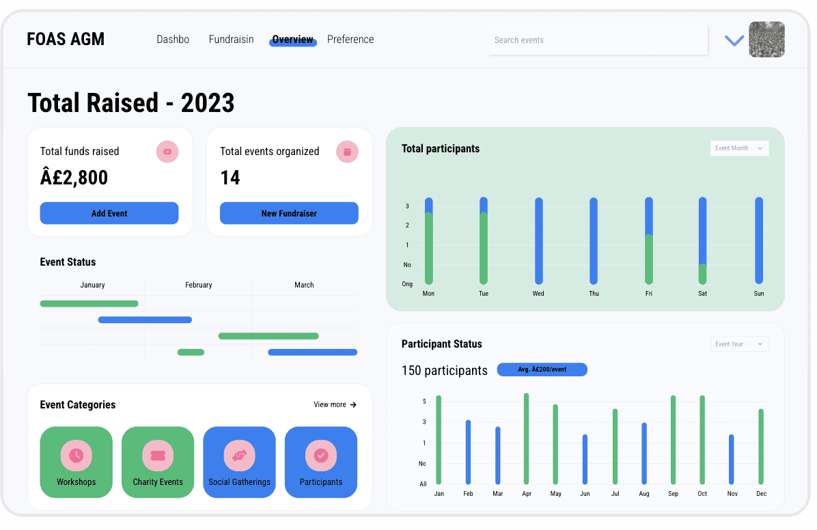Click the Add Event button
point(109,213)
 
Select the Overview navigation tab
point(293,40)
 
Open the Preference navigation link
point(350,40)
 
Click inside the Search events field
point(598,40)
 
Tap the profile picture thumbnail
point(766,40)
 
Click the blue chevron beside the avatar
point(734,41)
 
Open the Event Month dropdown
point(739,148)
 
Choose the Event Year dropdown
point(739,344)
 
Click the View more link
point(335,404)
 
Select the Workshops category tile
point(76,462)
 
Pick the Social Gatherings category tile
point(239,462)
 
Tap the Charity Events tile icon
point(158,456)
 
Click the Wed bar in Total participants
point(539,241)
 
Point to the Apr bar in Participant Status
point(526,438)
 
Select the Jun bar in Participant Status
point(585,459)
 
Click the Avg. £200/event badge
point(542,369)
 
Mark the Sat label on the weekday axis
point(702,294)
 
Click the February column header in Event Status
point(199,285)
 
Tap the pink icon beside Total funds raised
point(167,152)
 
